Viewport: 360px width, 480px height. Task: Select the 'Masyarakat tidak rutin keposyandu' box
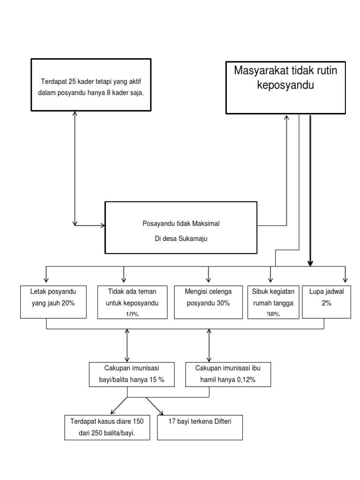point(285,87)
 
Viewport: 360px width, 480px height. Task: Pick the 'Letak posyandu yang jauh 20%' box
point(53,301)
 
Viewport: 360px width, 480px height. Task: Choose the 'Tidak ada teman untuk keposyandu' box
point(132,301)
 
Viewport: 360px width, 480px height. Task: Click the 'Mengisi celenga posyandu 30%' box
point(208,301)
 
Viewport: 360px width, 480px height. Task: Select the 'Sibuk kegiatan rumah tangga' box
point(273,301)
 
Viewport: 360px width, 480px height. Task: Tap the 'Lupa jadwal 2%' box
point(326,301)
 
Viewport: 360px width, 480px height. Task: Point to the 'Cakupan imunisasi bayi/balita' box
point(131,374)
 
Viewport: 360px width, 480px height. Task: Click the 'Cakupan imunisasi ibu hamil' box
point(228,374)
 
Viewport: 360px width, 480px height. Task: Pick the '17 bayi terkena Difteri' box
point(200,427)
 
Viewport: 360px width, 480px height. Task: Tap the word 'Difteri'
point(220,421)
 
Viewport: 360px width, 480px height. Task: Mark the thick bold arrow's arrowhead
point(310,265)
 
